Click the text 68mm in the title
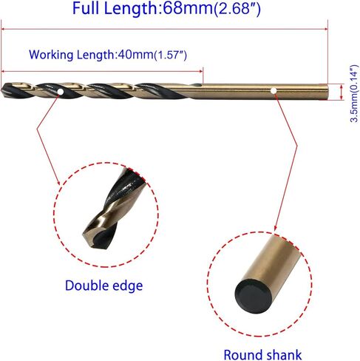tap(188, 8)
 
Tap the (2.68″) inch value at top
tap(237, 9)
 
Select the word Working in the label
tap(51, 55)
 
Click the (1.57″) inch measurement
tap(170, 55)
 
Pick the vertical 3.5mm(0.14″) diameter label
tap(354, 94)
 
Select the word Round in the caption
tap(242, 355)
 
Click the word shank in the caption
tap(283, 355)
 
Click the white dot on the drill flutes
tap(60, 92)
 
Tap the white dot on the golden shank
tap(274, 91)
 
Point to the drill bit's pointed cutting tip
tap(2, 90)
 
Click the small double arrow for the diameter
tap(342, 92)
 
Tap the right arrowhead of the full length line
tap(326, 29)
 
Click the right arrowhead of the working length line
tap(201, 71)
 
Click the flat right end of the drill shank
tap(327, 92)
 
